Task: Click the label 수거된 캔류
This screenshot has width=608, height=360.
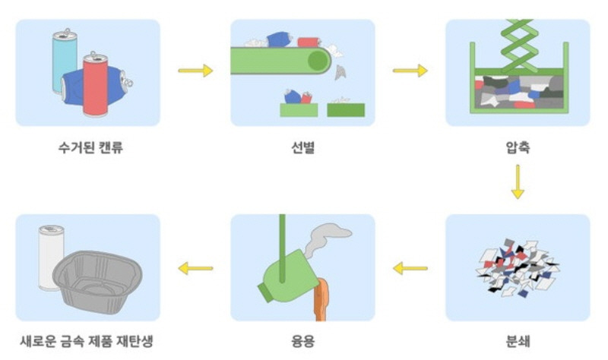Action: click(89, 147)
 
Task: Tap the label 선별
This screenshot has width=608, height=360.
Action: click(302, 147)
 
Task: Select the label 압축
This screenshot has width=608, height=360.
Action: click(517, 147)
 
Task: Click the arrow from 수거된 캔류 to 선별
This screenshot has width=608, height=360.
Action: click(195, 71)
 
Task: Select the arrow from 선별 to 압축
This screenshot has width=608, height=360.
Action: click(410, 71)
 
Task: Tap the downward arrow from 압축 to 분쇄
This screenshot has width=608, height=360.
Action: click(517, 183)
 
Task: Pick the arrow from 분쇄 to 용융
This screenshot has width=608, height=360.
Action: click(410, 267)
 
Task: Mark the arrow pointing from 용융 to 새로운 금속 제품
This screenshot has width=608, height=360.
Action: click(195, 267)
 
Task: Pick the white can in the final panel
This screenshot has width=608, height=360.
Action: click(52, 254)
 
